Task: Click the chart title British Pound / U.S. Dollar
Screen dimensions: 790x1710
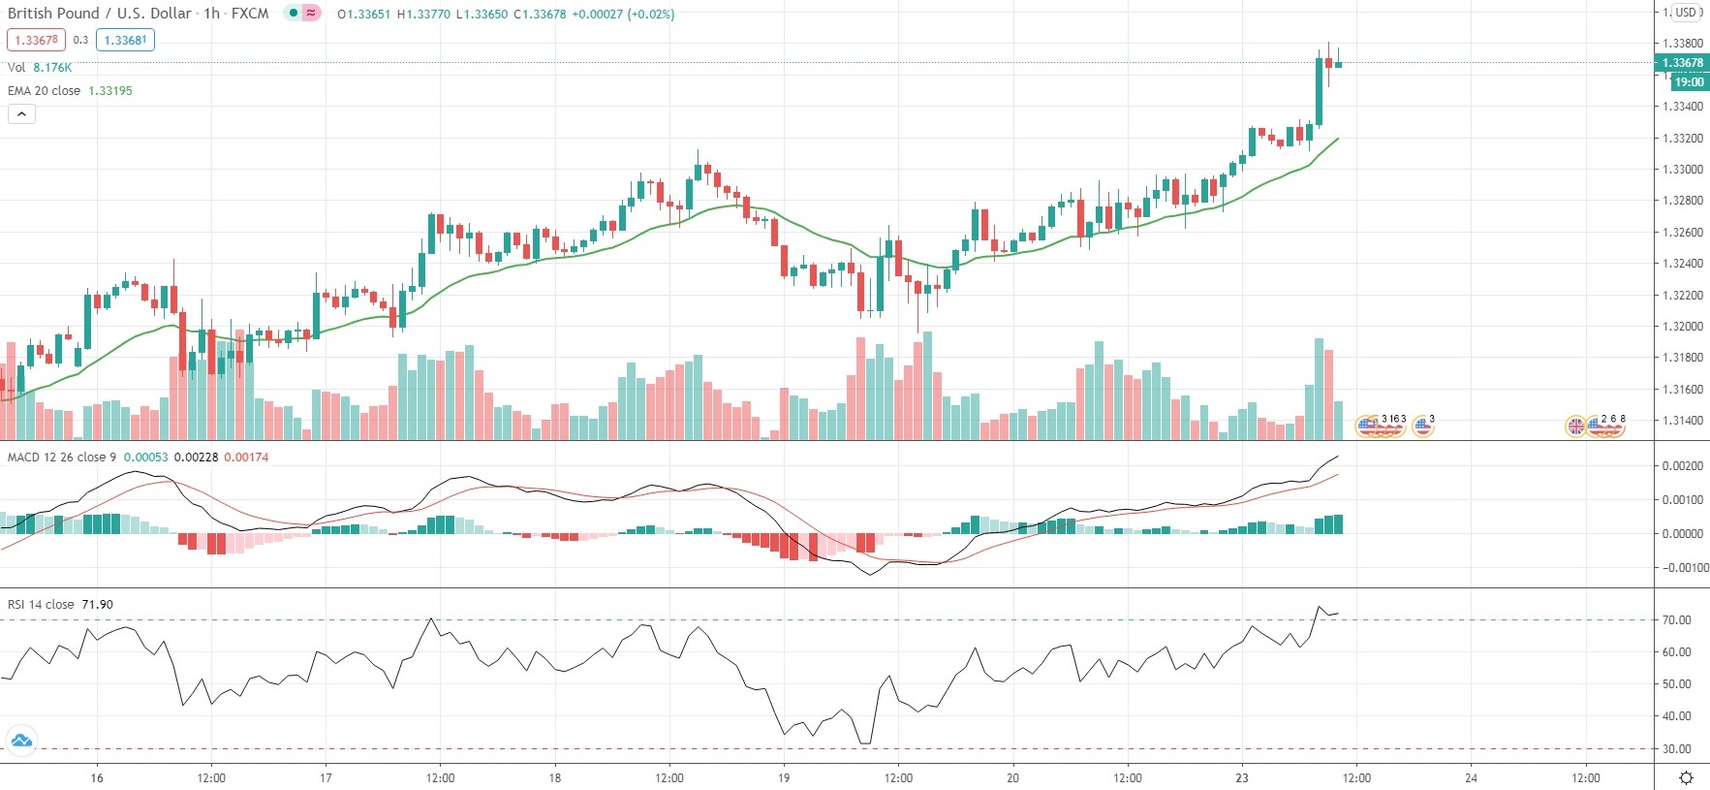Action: pyautogui.click(x=102, y=14)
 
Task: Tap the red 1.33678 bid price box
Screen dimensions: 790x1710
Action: pyautogui.click(x=37, y=40)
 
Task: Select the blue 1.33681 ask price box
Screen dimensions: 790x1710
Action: pyautogui.click(x=126, y=40)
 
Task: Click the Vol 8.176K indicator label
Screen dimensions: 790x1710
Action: pyautogui.click(x=40, y=67)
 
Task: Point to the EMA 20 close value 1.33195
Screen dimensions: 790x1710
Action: pyautogui.click(x=110, y=90)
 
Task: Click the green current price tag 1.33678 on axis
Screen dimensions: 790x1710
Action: pyautogui.click(x=1682, y=63)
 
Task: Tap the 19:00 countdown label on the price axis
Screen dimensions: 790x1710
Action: pyautogui.click(x=1688, y=82)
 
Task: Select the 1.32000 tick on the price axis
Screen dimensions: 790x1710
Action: pyautogui.click(x=1682, y=327)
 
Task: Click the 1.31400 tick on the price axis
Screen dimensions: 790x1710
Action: pyautogui.click(x=1682, y=421)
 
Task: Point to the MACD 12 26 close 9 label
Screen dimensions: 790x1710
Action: pyautogui.click(x=62, y=457)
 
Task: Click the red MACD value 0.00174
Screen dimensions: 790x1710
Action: pyautogui.click(x=246, y=457)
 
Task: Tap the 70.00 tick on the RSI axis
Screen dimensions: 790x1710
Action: pyautogui.click(x=1676, y=620)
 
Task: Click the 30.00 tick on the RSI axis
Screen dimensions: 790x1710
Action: pyautogui.click(x=1676, y=749)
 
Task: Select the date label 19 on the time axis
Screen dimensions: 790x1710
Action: pyautogui.click(x=784, y=777)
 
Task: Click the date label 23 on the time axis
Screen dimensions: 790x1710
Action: pyautogui.click(x=1242, y=777)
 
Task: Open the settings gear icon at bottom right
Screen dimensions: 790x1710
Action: pyautogui.click(x=1686, y=777)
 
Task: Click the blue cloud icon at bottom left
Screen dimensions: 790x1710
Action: pyautogui.click(x=21, y=742)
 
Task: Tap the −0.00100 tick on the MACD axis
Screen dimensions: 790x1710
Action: pyautogui.click(x=1685, y=568)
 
